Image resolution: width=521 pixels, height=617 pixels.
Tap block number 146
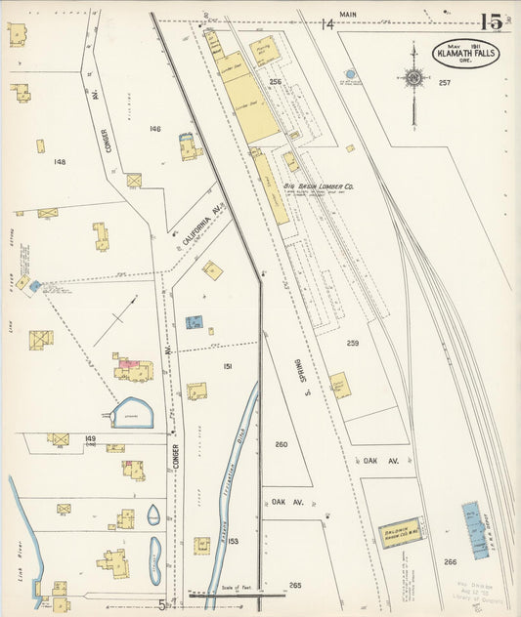[x=154, y=128]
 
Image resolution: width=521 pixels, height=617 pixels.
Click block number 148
[x=60, y=161]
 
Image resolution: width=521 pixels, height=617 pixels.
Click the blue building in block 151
[x=195, y=321]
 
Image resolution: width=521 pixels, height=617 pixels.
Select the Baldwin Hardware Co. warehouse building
[x=401, y=531]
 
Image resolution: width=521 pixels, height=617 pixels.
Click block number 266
[x=450, y=561]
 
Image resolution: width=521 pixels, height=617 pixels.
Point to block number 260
[x=281, y=444]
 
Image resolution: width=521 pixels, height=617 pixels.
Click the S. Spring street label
[x=292, y=371]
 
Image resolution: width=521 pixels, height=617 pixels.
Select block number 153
[x=233, y=540]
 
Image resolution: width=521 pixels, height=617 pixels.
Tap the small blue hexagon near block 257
[x=350, y=73]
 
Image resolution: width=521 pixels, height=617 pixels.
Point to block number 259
[x=352, y=343]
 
